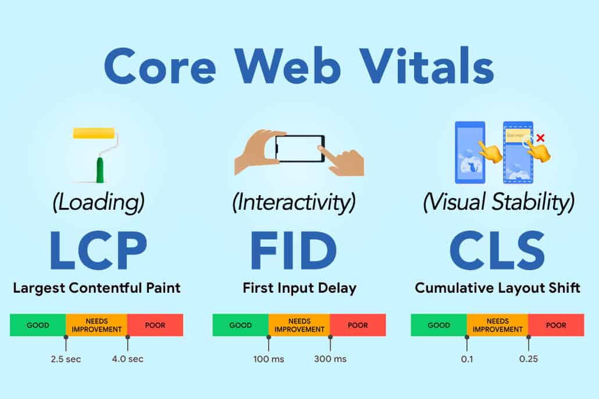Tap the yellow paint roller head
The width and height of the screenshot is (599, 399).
tap(94, 133)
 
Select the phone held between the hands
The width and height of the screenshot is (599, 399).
tap(300, 148)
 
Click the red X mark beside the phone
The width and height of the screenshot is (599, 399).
tap(540, 138)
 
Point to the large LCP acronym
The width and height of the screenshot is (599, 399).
tap(98, 250)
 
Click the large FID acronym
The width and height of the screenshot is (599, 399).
tap(293, 250)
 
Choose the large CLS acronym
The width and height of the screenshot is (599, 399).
tap(497, 250)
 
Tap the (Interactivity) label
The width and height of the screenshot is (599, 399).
tap(294, 202)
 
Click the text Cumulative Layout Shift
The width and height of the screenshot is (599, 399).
tap(497, 287)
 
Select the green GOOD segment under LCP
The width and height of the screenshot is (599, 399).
tap(38, 325)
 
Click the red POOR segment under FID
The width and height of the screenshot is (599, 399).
tap(358, 325)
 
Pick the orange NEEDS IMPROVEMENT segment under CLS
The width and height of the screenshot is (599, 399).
tap(497, 325)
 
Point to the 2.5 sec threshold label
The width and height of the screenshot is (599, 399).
tap(66, 359)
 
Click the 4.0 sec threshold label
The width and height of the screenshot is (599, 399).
tap(127, 359)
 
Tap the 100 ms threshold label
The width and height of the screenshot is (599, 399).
tap(269, 359)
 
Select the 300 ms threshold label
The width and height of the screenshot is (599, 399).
tap(330, 359)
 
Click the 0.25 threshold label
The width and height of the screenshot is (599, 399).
tap(529, 359)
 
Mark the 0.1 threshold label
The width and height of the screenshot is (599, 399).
tap(467, 359)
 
